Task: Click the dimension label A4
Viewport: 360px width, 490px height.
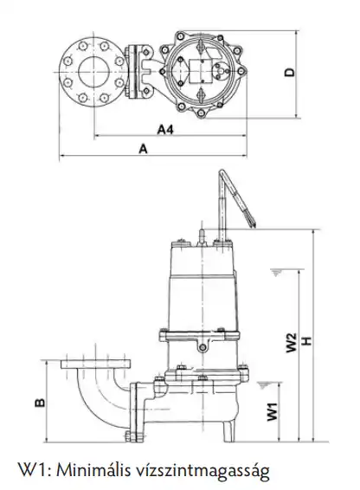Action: [x=165, y=129]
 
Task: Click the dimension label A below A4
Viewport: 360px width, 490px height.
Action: [x=143, y=149]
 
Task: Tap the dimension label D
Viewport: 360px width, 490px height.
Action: [x=290, y=72]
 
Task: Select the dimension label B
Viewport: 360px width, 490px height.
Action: [x=40, y=403]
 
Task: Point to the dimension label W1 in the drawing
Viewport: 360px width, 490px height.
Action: [x=273, y=411]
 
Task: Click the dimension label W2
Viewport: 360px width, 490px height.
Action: [x=292, y=343]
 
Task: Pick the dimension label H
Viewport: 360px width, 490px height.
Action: [x=307, y=340]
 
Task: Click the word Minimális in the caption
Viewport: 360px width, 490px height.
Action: [x=93, y=470]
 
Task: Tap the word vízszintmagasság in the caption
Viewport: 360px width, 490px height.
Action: [x=202, y=472]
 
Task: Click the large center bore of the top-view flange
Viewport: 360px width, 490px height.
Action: [x=93, y=72]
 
